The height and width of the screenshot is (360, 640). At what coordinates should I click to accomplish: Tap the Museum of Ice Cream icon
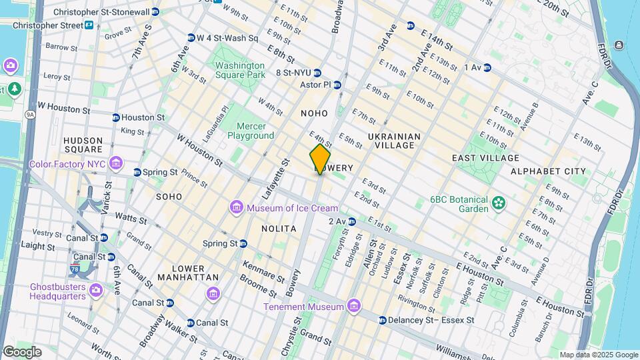(237, 208)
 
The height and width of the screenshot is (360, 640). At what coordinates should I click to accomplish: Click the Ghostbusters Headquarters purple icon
(96, 289)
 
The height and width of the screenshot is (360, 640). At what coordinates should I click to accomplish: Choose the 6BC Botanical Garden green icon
(497, 202)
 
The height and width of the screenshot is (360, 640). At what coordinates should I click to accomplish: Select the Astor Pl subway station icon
(337, 85)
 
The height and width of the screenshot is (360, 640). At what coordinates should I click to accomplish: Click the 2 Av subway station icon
(351, 221)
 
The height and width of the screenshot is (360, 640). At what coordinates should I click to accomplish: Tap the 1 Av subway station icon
(487, 67)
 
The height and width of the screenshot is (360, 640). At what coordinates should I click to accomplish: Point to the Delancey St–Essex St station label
(431, 320)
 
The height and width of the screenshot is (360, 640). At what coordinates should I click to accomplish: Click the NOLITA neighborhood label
(279, 229)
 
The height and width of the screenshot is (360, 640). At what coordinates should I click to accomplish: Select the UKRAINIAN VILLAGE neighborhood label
(394, 141)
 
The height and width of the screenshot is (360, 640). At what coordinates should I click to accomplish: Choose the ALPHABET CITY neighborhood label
(548, 171)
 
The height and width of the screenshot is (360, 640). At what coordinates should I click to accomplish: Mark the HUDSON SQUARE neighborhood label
(83, 145)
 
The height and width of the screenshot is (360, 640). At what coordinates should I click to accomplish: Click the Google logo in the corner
(22, 351)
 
